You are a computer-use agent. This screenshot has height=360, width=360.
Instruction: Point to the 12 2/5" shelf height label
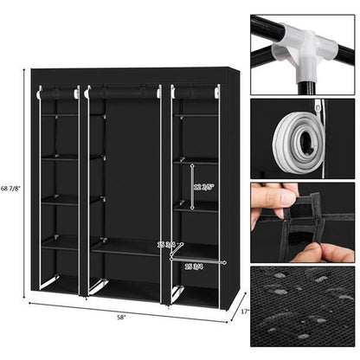click(x=205, y=185)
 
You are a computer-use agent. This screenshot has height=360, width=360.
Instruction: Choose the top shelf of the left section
click(x=60, y=115)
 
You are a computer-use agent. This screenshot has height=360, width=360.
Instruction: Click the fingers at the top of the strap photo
click(x=275, y=196)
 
